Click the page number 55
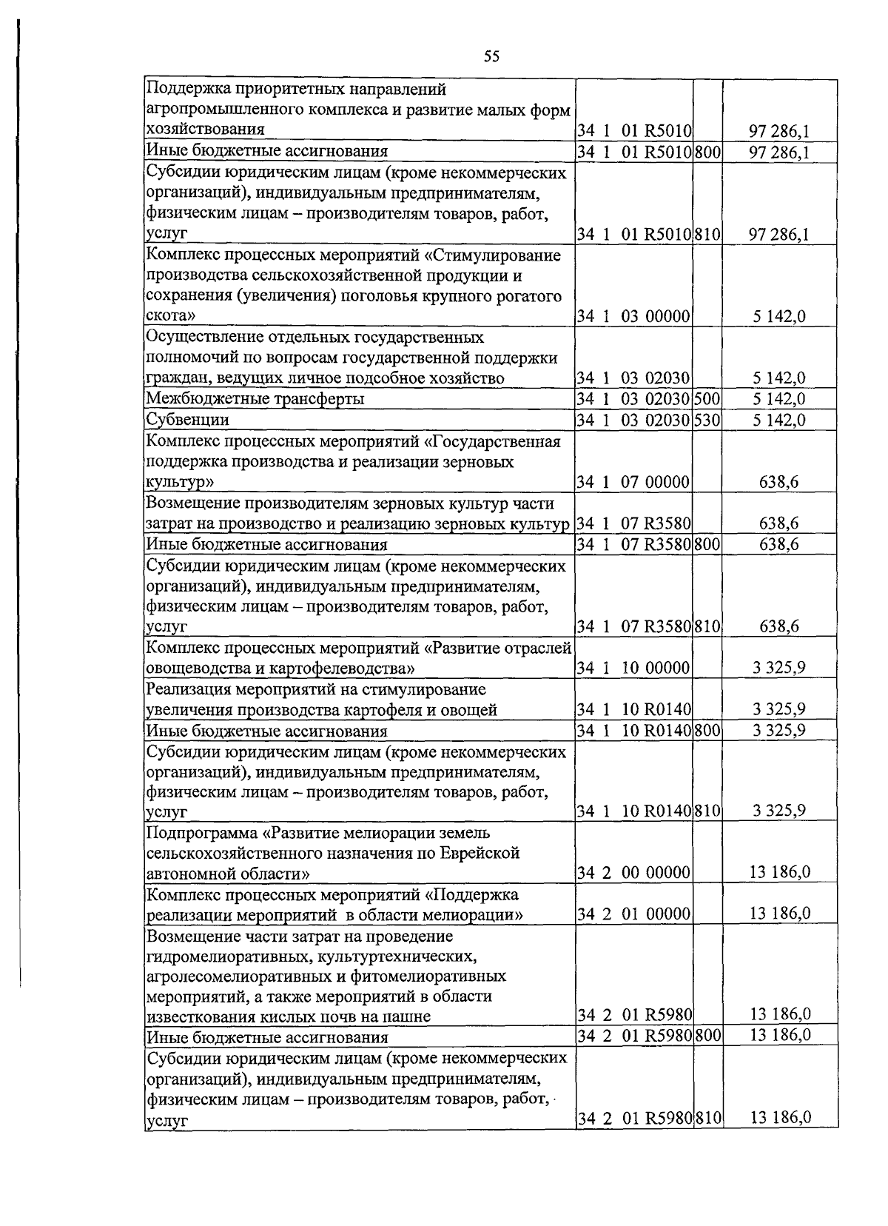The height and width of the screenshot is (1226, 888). pos(492,56)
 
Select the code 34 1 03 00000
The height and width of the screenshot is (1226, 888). pos(633,316)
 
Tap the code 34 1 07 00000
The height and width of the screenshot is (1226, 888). pos(633,482)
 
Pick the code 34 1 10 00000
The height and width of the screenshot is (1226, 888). pos(633,669)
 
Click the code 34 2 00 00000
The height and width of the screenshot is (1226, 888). pos(633,872)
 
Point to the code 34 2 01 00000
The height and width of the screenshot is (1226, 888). pos(633,914)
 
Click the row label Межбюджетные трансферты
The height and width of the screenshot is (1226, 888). pos(255,399)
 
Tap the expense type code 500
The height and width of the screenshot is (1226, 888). pos(707,399)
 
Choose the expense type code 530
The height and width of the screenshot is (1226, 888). pos(707,420)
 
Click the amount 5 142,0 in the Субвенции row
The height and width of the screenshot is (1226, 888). pos(779,420)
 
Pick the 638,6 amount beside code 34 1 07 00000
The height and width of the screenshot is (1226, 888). pos(779,482)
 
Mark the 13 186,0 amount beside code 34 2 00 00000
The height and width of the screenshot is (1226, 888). pos(779,872)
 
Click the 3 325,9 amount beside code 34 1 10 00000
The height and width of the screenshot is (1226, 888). pos(779,669)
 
